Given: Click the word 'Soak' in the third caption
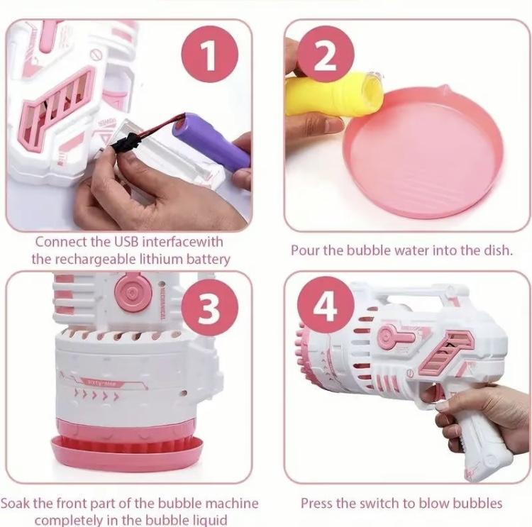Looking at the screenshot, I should (x=16, y=504).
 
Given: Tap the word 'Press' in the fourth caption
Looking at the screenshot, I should (x=317, y=504).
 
